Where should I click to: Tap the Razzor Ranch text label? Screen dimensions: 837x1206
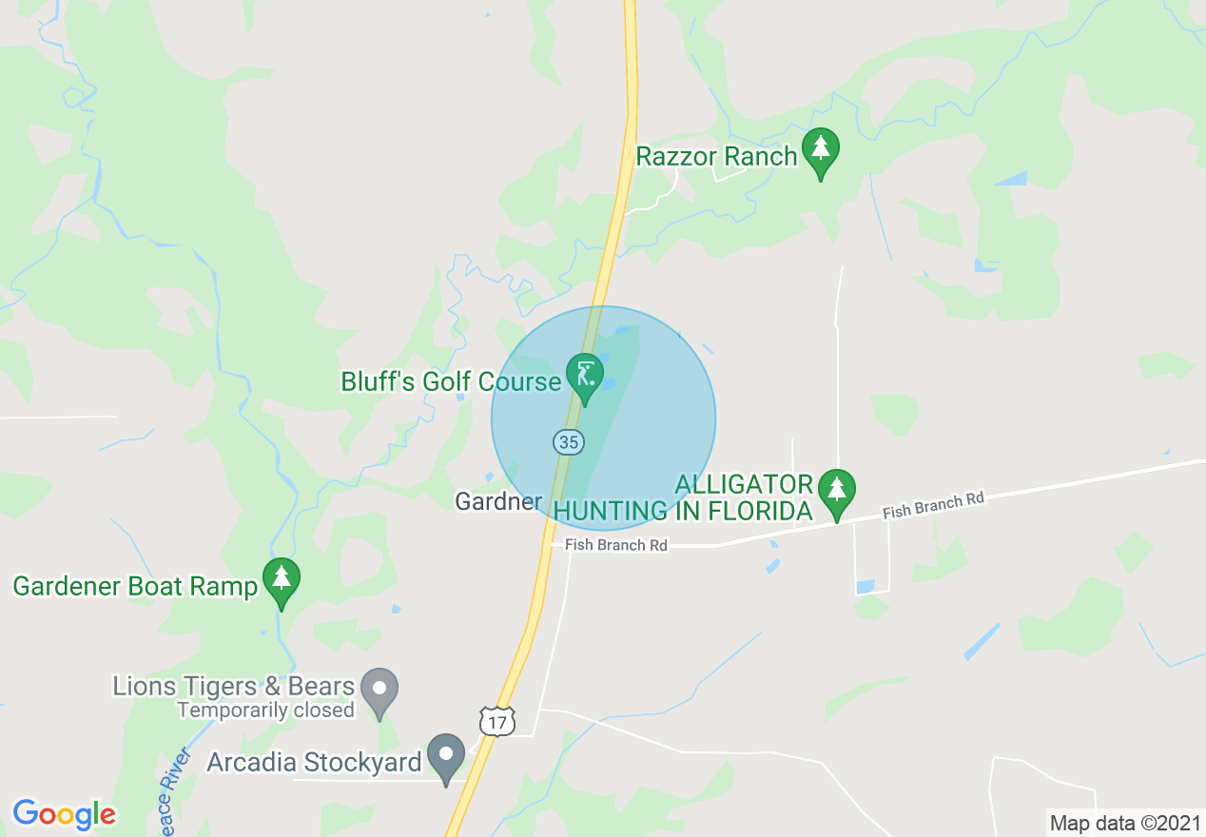pyautogui.click(x=716, y=156)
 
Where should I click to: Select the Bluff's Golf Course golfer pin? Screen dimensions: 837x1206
pyautogui.click(x=584, y=376)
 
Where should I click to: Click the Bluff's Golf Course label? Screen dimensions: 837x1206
pyautogui.click(x=451, y=381)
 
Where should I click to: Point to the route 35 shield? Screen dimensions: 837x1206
pyautogui.click(x=568, y=441)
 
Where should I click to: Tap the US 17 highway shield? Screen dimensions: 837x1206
pyautogui.click(x=496, y=722)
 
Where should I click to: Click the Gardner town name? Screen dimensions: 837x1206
pyautogui.click(x=498, y=501)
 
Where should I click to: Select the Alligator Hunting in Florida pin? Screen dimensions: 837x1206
pyautogui.click(x=836, y=492)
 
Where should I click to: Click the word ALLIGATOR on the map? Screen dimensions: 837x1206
pyautogui.click(x=744, y=484)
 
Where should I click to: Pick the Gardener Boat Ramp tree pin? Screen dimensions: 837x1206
pyautogui.click(x=281, y=580)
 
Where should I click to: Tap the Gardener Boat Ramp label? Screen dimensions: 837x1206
pyautogui.click(x=135, y=586)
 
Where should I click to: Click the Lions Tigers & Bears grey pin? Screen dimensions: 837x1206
pyautogui.click(x=381, y=691)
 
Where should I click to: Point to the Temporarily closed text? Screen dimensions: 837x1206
pyautogui.click(x=265, y=710)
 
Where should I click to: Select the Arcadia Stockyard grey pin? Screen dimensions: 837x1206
pyautogui.click(x=445, y=756)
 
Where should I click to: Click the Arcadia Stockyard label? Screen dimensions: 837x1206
pyautogui.click(x=314, y=762)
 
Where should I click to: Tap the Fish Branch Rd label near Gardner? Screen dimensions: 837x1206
pyautogui.click(x=615, y=545)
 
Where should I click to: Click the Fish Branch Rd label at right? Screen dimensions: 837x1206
pyautogui.click(x=932, y=505)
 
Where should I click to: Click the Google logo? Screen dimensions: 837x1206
pyautogui.click(x=64, y=813)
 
